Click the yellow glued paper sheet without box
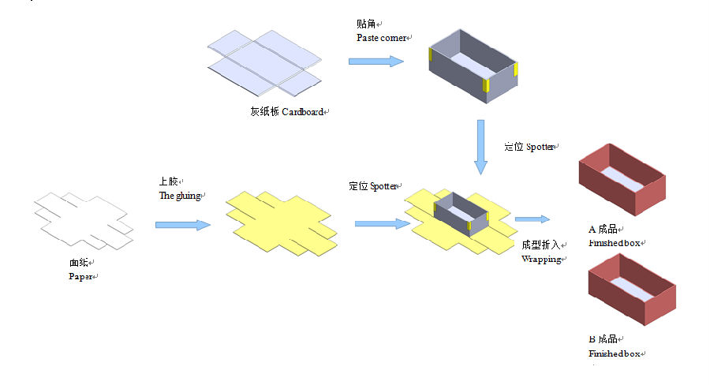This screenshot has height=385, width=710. tap(281, 222)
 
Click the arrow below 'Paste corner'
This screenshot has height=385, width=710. tap(376, 61)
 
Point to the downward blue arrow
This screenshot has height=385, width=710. tap(480, 147)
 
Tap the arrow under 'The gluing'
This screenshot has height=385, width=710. tap(183, 225)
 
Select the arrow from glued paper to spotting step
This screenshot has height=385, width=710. tap(382, 224)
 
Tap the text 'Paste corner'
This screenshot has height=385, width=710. tap(382, 37)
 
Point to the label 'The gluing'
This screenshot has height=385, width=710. tap(181, 196)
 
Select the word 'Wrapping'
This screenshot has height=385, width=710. tap(540, 259)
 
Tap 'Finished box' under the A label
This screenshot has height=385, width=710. tap(614, 244)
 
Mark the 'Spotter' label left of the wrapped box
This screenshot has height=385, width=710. tap(385, 187)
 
